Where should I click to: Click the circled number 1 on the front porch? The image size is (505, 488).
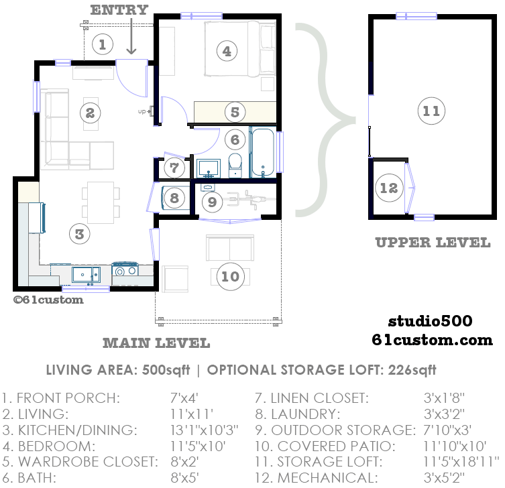pyautogui.click(x=102, y=44)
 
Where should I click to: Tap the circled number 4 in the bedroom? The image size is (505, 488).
pyautogui.click(x=227, y=51)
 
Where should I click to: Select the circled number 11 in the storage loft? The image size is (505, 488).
pyautogui.click(x=431, y=111)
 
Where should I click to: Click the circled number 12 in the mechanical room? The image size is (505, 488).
pyautogui.click(x=389, y=188)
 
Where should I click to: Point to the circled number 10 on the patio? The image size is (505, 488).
pyautogui.click(x=229, y=276)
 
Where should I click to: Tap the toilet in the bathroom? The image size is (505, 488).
pyautogui.click(x=235, y=165)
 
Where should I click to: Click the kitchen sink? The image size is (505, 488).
pyautogui.click(x=86, y=273)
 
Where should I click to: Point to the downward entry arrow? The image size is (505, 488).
pyautogui.click(x=131, y=37)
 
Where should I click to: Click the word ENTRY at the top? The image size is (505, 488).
pyautogui.click(x=119, y=9)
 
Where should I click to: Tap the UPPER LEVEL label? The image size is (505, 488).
pyautogui.click(x=433, y=243)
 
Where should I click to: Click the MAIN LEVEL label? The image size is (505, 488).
pyautogui.click(x=156, y=343)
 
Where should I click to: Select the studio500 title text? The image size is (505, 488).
pyautogui.click(x=430, y=322)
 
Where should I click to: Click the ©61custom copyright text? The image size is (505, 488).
pyautogui.click(x=48, y=300)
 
